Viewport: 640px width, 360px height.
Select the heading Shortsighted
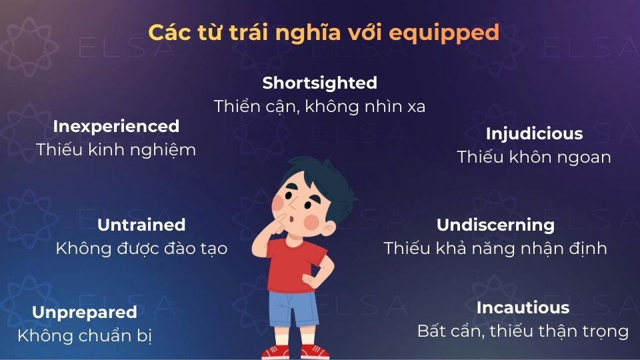(319, 83)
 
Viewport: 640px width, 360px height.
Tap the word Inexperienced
(116, 126)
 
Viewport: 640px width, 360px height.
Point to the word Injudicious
(534, 133)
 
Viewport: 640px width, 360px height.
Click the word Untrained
(141, 225)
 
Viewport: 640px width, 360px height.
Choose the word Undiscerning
(495, 225)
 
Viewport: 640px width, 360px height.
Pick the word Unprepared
(84, 312)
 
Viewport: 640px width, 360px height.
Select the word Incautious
(523, 307)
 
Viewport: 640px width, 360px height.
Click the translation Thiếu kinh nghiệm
(116, 150)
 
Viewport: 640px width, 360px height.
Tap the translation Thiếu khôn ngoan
(534, 157)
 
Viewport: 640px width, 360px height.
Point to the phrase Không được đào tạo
(141, 249)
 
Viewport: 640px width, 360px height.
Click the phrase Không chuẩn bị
(84, 336)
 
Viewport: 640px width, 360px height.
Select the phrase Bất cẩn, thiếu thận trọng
(523, 331)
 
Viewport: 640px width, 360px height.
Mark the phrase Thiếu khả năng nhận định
(495, 249)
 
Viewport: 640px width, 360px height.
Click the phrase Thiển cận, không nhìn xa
(319, 106)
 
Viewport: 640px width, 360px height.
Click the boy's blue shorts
(293, 310)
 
